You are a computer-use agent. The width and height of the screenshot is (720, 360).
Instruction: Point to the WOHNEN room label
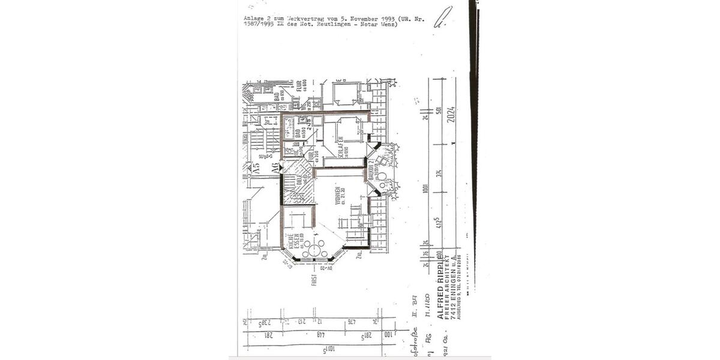(338, 194)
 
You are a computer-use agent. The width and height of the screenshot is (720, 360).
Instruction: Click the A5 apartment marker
(256, 169)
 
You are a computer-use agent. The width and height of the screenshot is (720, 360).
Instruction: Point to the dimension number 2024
(451, 114)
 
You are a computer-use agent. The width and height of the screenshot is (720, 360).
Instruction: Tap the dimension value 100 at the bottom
(387, 334)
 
